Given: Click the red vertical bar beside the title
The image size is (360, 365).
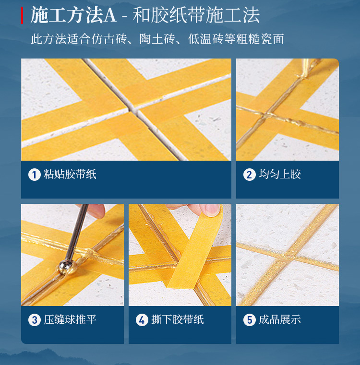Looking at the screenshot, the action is [22, 15].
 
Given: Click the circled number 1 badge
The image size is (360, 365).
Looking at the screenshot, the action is [35, 175].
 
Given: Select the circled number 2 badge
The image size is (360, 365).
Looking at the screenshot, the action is [249, 175].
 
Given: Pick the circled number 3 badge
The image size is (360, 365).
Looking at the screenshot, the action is [35, 320].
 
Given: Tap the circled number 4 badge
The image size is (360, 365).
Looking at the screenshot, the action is [142, 320].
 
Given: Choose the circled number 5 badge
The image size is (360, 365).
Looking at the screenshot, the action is [249, 320].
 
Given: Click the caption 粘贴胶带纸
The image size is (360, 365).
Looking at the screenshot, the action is [70, 175].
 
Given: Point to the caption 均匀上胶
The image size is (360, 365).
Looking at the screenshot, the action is [280, 175].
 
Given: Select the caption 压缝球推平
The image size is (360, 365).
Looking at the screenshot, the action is [70, 319].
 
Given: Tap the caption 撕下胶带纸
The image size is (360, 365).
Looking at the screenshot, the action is [177, 319].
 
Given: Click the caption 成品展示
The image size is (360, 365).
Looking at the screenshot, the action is [280, 319].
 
